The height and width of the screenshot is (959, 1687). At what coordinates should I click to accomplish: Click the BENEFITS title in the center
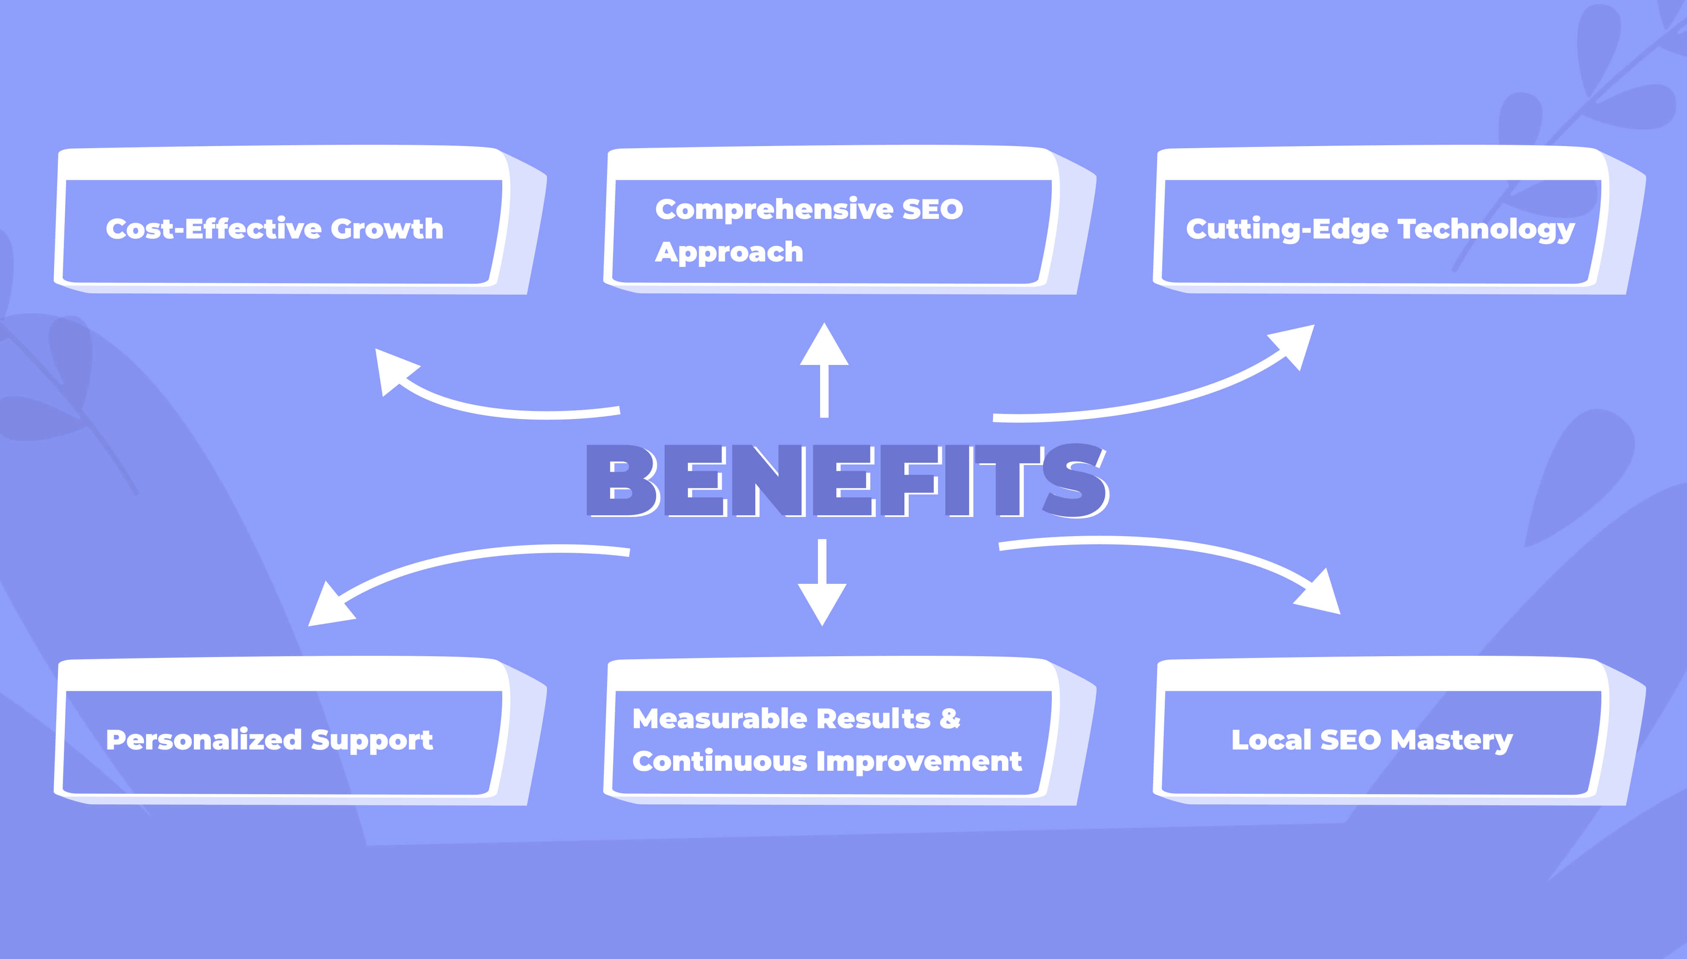pos(846,480)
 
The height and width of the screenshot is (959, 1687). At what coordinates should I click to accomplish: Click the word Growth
pos(387,229)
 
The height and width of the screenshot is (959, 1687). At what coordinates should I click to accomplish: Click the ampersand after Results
pos(949,718)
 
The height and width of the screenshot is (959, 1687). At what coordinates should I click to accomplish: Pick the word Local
pos(1271,740)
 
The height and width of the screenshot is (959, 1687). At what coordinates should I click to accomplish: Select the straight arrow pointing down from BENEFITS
pos(822,583)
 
